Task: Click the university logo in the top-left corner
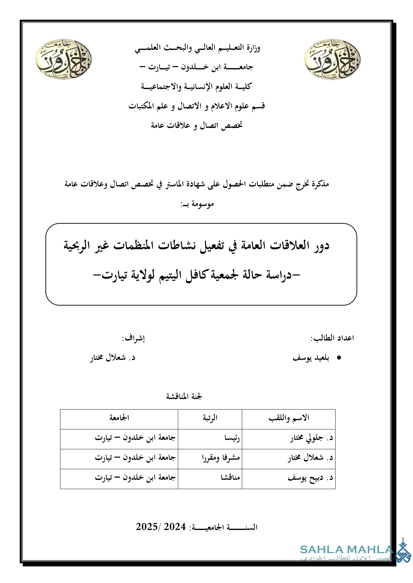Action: tap(63, 59)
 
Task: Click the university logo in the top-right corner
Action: tap(332, 59)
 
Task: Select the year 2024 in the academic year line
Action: tap(175, 527)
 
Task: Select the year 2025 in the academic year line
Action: tap(147, 527)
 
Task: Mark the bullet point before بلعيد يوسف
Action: tap(339, 358)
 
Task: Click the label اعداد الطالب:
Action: tap(332, 338)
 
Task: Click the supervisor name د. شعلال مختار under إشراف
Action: tap(113, 358)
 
